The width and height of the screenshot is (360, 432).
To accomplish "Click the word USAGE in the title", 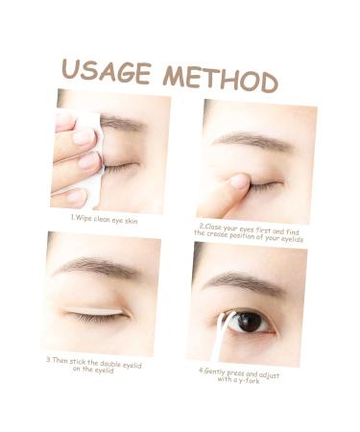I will click(x=106, y=71).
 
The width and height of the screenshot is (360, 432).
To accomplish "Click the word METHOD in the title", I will click(x=220, y=77).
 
